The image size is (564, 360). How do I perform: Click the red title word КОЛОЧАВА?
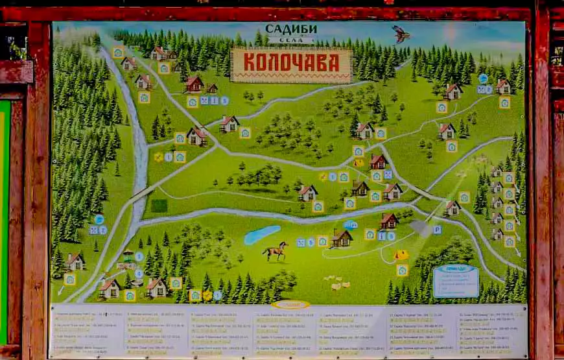[x=291, y=63]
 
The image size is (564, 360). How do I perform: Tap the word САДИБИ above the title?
[x=291, y=29]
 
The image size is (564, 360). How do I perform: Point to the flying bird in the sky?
[x=401, y=34]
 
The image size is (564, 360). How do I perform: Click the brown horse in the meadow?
[x=276, y=250]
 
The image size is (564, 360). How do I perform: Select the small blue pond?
[x=262, y=234]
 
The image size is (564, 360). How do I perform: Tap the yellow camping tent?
[x=402, y=255]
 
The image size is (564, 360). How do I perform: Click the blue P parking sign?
[x=438, y=229]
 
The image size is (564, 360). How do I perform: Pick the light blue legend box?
[x=456, y=280]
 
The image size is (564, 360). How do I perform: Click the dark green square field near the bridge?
[x=159, y=206]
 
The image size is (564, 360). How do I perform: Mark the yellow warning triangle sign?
[x=358, y=163]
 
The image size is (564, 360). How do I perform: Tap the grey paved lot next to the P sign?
[x=421, y=228]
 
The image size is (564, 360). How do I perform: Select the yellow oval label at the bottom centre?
[x=290, y=304]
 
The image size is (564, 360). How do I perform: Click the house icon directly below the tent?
[x=402, y=270]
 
